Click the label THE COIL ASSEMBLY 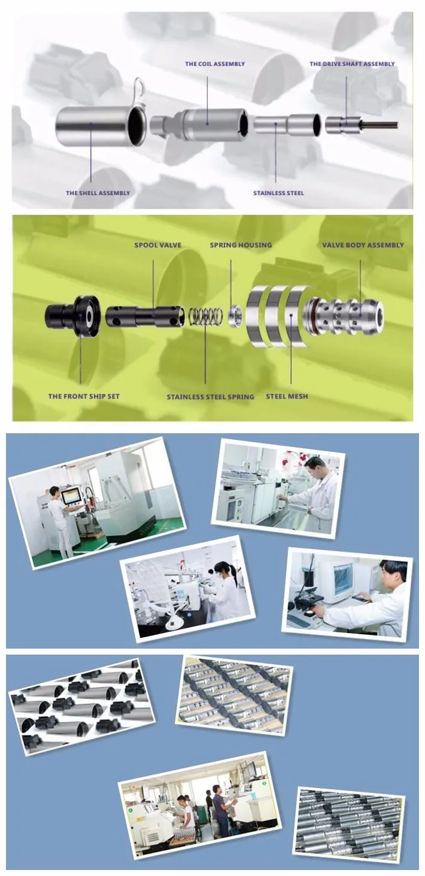pyautogui.click(x=215, y=64)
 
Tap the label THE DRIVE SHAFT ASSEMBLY pyautogui.click(x=352, y=64)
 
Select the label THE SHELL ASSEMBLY pyautogui.click(x=98, y=193)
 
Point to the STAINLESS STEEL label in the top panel pyautogui.click(x=278, y=193)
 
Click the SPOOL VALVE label pyautogui.click(x=157, y=245)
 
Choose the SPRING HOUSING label pyautogui.click(x=241, y=245)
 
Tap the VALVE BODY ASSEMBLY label pyautogui.click(x=363, y=245)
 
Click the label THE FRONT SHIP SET pyautogui.click(x=84, y=396)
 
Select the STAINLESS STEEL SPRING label pyautogui.click(x=211, y=397)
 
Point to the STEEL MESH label pyautogui.click(x=287, y=396)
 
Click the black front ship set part pyautogui.click(x=73, y=315)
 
